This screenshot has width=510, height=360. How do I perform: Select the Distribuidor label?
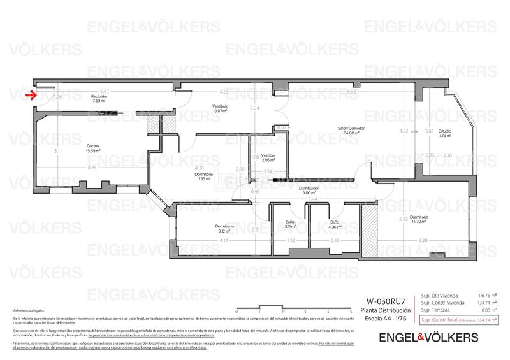309,190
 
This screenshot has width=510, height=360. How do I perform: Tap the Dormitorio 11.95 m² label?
186,176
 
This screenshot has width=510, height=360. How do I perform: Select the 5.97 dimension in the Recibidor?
105,91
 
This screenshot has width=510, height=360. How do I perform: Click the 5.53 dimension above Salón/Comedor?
351,91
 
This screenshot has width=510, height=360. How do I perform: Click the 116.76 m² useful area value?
487,296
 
